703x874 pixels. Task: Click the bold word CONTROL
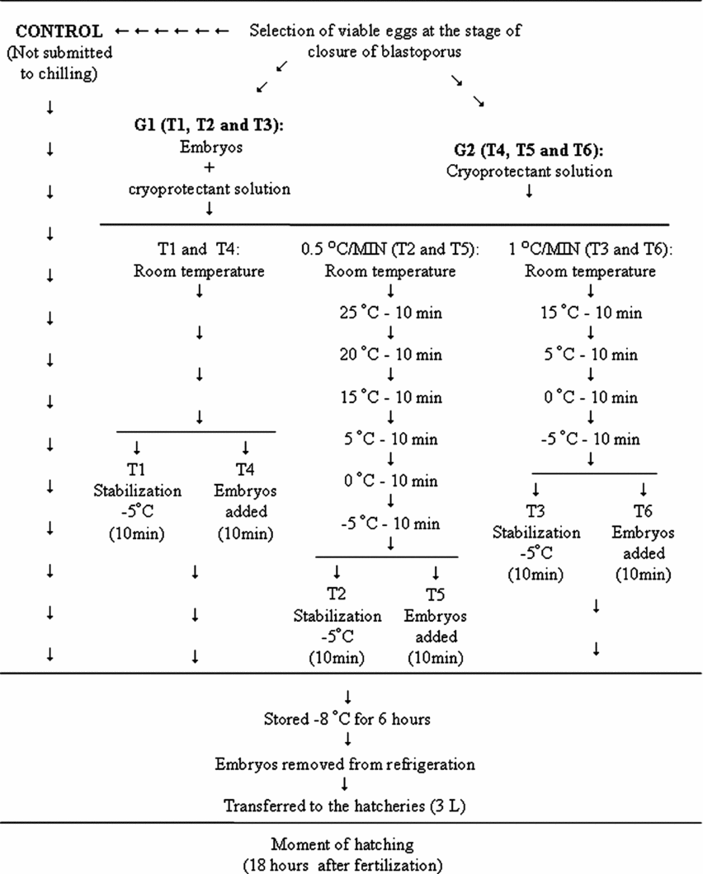59,32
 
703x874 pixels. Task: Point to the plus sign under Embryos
210,169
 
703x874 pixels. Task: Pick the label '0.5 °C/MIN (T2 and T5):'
390,251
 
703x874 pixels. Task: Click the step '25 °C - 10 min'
389,314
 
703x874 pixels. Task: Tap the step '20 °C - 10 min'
389,355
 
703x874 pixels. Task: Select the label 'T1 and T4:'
199,251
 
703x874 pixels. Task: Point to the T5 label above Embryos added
434,594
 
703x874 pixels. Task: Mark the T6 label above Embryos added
642,511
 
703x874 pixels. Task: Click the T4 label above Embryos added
245,470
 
